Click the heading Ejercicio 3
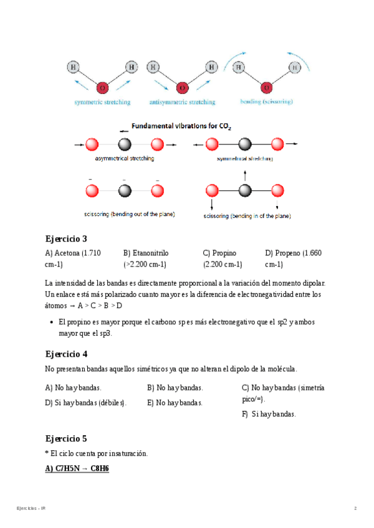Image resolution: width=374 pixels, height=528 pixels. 66,238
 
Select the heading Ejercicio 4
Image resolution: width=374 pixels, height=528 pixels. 66,354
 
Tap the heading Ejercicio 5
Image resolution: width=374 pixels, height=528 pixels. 66,438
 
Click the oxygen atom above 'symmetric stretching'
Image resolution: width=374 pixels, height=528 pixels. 102,87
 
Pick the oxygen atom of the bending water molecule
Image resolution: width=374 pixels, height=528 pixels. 267,87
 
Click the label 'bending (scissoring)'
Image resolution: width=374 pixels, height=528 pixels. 266,101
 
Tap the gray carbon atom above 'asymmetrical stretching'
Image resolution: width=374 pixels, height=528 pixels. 125,145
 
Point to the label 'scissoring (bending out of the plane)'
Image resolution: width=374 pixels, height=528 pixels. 129,214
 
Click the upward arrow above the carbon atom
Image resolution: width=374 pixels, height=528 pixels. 245,174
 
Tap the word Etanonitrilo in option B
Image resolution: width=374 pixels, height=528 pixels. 151,253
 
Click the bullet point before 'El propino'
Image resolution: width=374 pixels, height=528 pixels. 50,323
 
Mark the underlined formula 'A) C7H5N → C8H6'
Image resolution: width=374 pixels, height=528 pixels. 77,468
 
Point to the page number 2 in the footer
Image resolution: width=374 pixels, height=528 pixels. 355,509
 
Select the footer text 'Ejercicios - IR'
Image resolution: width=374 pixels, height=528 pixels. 31,509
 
